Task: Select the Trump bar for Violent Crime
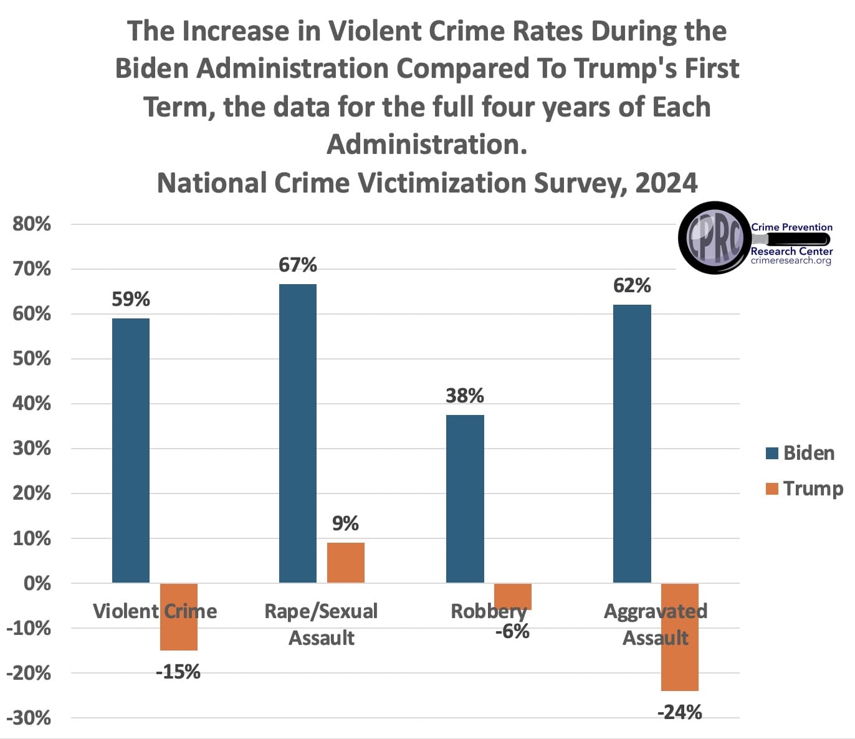tap(179, 617)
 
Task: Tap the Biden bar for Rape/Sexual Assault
tap(298, 433)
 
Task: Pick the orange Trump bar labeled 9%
tap(346, 563)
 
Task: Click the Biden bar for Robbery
tap(465, 498)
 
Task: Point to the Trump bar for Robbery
tap(513, 596)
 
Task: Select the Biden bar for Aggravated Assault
tap(632, 444)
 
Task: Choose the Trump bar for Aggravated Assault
tap(680, 637)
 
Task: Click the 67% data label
tap(298, 265)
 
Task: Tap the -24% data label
tap(680, 712)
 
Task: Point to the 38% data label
tap(465, 396)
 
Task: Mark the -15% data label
tap(179, 672)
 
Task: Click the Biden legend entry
tap(800, 453)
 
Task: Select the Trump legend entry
tap(804, 489)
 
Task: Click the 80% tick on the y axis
tap(32, 224)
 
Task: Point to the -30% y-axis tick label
tap(29, 718)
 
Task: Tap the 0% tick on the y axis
tap(37, 583)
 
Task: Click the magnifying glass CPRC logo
tap(714, 237)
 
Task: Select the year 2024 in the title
tap(666, 183)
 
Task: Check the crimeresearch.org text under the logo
tap(791, 260)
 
